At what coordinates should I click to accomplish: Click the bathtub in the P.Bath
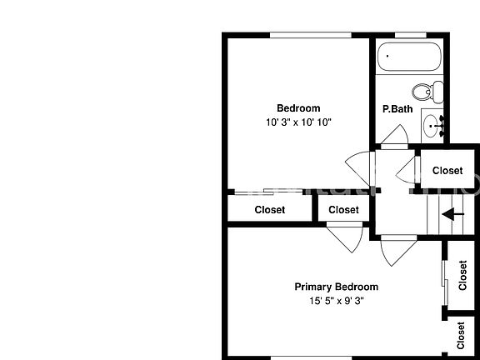tap(409, 57)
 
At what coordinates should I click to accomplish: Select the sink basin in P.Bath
tap(432, 126)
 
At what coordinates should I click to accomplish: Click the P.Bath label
tap(397, 109)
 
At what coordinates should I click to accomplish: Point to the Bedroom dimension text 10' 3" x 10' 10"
tap(298, 122)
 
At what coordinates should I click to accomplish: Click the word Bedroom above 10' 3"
tap(298, 108)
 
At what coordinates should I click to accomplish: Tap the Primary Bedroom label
tap(336, 287)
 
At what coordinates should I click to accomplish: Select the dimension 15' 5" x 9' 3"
tap(337, 301)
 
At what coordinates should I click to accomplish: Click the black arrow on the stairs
tap(453, 214)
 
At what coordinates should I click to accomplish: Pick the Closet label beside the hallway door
tap(447, 171)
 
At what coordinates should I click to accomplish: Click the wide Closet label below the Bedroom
tap(270, 210)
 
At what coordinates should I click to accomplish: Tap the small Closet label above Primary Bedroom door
tap(343, 210)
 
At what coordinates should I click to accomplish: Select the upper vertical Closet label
tap(462, 275)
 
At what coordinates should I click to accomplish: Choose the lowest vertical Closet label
tap(461, 335)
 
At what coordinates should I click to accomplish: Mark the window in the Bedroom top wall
tap(310, 35)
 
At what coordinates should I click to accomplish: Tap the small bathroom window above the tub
tap(411, 35)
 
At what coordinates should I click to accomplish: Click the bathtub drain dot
tap(387, 56)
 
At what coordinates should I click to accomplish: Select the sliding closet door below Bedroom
tap(268, 192)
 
